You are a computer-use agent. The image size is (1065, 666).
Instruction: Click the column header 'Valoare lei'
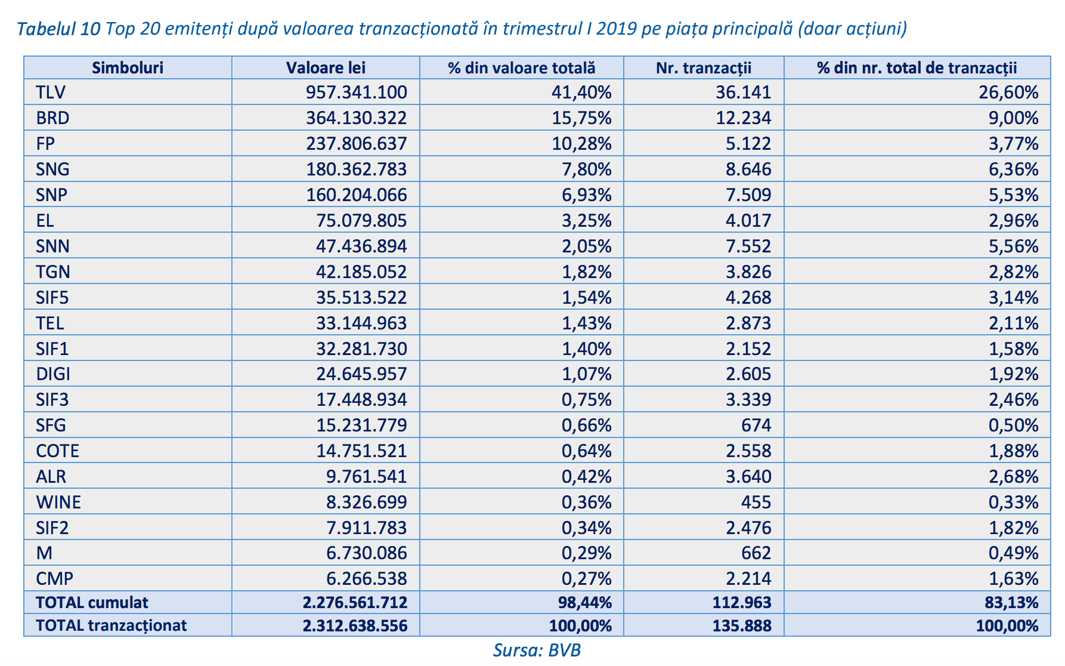[x=326, y=68]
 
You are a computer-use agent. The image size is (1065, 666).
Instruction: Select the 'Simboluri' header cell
[x=128, y=68]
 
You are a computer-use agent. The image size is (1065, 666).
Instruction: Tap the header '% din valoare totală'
[x=522, y=68]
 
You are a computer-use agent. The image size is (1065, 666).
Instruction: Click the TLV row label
[x=51, y=92]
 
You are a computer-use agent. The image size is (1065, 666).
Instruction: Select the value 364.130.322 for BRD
[x=357, y=118]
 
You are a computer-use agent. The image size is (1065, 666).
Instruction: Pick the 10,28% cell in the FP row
[x=582, y=144]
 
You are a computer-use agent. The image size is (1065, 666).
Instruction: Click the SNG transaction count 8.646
[x=748, y=169]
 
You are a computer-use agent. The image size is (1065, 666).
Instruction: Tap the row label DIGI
[x=53, y=374]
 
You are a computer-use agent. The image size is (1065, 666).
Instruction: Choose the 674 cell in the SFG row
[x=756, y=425]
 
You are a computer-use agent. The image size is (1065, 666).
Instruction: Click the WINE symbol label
[x=58, y=502]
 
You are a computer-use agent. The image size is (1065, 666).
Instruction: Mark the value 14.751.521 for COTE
[x=361, y=451]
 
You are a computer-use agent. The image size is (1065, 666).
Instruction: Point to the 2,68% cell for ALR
[x=1014, y=477]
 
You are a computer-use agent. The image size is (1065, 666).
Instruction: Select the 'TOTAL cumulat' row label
[x=92, y=603]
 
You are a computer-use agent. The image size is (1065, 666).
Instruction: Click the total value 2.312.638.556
[x=355, y=626]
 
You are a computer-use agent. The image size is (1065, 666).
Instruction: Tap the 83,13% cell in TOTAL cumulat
[x=1012, y=603]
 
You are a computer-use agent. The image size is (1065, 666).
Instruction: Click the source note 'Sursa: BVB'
[x=537, y=650]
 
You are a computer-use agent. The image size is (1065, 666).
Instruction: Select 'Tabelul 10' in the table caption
[x=58, y=29]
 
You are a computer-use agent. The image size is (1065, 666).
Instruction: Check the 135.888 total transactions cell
[x=742, y=626]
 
